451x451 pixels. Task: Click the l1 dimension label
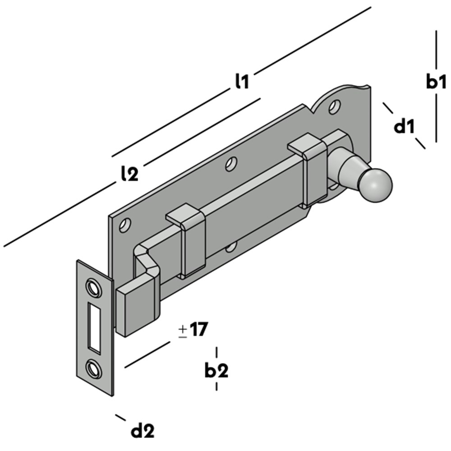(242, 81)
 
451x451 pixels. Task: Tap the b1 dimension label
(436, 82)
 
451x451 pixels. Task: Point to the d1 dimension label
(404, 127)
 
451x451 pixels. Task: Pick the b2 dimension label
(216, 371)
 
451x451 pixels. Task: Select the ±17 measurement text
(193, 330)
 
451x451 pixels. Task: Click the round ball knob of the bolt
(375, 184)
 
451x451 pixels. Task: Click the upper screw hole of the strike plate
(93, 287)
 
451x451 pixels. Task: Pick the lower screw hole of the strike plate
(93, 369)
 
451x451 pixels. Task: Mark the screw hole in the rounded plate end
(334, 106)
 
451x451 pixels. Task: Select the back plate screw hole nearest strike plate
(125, 224)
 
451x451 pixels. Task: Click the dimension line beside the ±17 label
(147, 354)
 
